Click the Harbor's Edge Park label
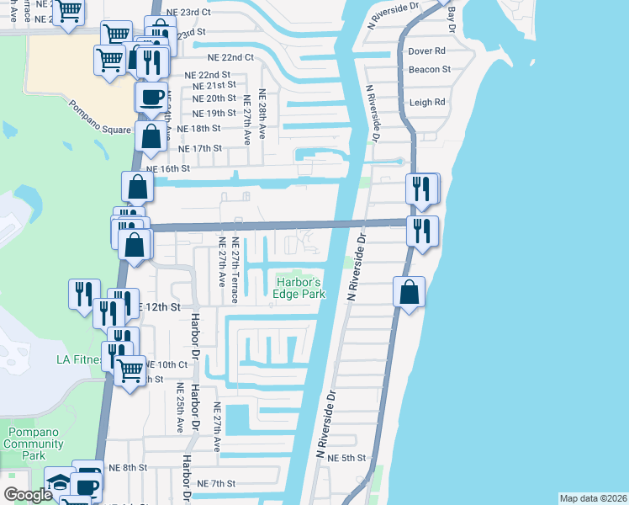(x=299, y=288)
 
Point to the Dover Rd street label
(x=425, y=51)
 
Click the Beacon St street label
(x=429, y=70)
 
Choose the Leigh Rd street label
(x=427, y=103)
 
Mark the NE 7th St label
(x=216, y=483)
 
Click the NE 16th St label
(x=168, y=168)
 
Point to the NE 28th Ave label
(x=262, y=114)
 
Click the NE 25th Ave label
(x=179, y=408)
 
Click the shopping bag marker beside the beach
(x=409, y=293)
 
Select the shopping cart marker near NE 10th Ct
(x=129, y=369)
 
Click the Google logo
(x=28, y=495)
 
